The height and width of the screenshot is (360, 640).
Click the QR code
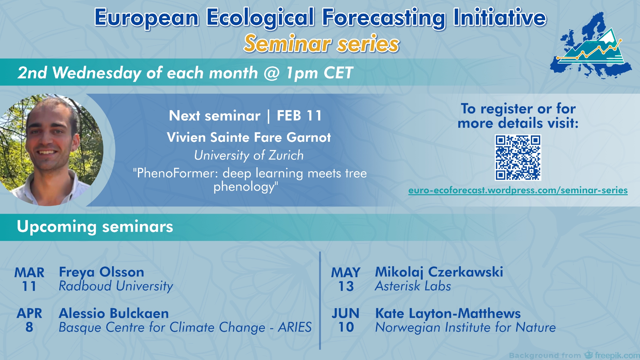click(x=518, y=157)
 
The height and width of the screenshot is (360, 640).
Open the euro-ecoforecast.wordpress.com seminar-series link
click(x=518, y=190)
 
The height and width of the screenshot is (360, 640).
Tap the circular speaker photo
click(x=51, y=150)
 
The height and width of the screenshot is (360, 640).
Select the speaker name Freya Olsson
click(x=101, y=272)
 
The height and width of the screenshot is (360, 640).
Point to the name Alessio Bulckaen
click(x=114, y=313)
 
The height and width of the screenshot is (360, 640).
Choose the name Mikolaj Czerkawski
click(x=439, y=272)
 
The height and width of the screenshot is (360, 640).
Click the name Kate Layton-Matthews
click(x=448, y=314)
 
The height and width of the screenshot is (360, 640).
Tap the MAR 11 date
click(x=29, y=279)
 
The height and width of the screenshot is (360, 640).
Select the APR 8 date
click(x=29, y=320)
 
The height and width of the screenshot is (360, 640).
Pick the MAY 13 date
click(x=346, y=279)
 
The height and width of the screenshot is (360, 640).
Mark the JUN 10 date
click(x=346, y=320)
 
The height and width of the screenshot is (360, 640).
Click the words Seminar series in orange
click(x=322, y=44)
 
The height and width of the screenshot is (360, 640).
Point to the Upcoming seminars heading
click(x=95, y=227)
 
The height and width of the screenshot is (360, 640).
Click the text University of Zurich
click(x=249, y=155)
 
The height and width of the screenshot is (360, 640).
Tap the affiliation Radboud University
click(x=116, y=286)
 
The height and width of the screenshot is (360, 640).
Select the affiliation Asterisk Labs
click(x=413, y=286)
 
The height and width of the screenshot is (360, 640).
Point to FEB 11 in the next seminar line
click(x=299, y=116)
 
